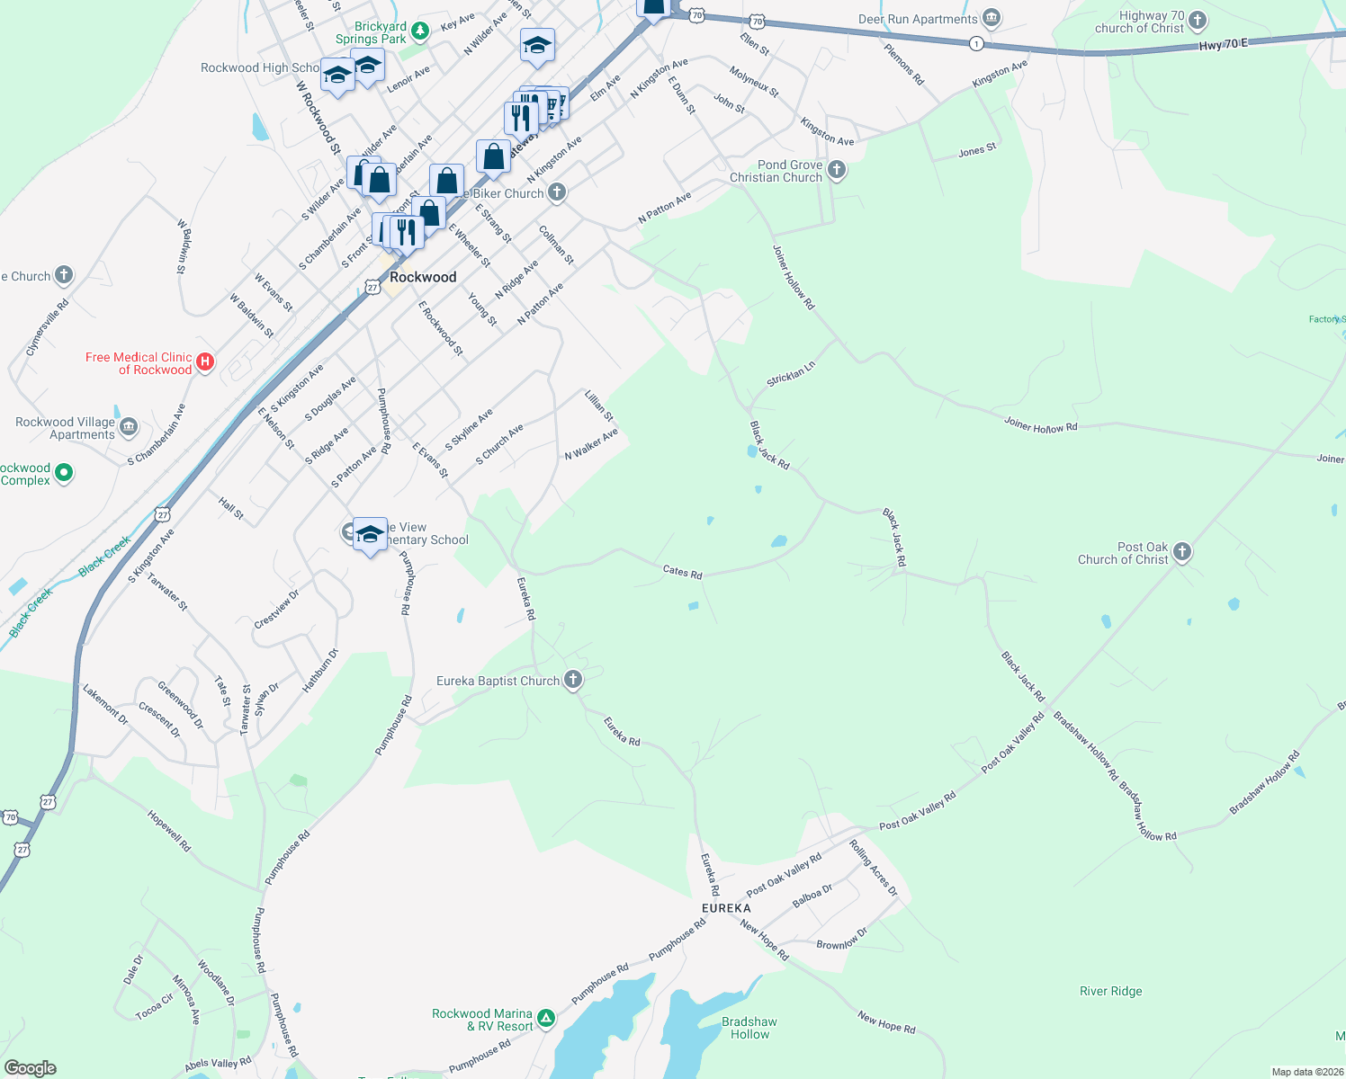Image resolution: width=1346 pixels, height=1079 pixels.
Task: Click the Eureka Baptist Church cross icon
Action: point(573,680)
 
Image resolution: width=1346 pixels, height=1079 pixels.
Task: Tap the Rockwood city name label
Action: point(423,277)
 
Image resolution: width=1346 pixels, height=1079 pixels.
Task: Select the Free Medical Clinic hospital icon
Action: point(205,362)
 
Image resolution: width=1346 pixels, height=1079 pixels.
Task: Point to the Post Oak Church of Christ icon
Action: point(1182,552)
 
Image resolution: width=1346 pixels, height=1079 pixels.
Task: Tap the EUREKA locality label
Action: point(726,908)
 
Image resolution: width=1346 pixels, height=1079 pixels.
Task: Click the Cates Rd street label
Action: point(682,571)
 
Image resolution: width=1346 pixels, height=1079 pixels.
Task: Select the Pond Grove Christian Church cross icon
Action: point(837,170)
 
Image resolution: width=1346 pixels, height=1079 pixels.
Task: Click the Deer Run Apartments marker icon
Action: point(992,18)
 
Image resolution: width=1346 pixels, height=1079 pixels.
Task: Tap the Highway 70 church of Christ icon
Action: point(1198,21)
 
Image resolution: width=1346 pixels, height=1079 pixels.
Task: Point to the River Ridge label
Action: point(1110,991)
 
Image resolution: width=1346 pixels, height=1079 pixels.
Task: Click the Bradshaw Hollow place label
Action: point(749,1028)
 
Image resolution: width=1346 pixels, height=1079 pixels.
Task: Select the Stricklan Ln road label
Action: point(791,374)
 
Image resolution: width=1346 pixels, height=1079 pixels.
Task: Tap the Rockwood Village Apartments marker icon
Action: point(129,427)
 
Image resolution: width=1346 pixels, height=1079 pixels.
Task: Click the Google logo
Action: point(30,1068)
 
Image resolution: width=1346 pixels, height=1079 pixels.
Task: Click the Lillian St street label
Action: point(598,406)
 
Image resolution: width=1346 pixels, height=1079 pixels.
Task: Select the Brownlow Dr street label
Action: point(841,939)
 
